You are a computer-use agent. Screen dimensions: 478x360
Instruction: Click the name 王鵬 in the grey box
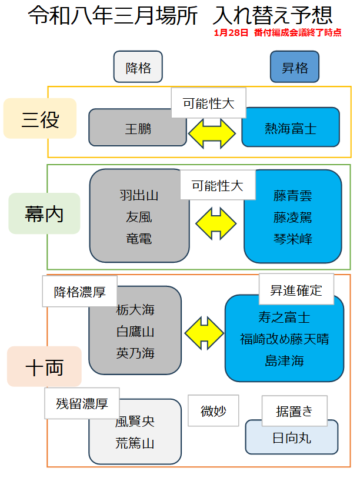click(138, 128)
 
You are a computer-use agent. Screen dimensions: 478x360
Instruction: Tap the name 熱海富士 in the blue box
click(291, 128)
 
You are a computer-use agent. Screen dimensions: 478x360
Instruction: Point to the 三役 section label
click(40, 119)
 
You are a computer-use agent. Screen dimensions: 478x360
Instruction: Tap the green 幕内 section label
click(44, 214)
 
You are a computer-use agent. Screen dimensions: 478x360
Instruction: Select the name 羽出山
click(139, 195)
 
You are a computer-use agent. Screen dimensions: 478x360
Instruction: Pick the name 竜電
click(139, 239)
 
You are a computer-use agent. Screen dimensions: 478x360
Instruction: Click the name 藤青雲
click(292, 196)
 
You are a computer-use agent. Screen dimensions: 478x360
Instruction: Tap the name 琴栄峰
click(292, 239)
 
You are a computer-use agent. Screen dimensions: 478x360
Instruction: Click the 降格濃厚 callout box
click(79, 292)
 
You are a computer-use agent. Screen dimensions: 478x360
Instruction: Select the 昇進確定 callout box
click(296, 290)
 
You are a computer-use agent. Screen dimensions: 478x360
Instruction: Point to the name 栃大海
click(135, 310)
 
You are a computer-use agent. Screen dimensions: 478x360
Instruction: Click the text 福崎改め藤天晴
click(284, 339)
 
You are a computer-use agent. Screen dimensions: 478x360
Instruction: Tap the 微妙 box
click(213, 411)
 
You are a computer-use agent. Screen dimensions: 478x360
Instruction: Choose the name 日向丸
click(291, 438)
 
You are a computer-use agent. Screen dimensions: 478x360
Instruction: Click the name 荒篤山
click(135, 443)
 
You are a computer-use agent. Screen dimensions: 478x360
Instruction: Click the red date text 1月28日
click(232, 33)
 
